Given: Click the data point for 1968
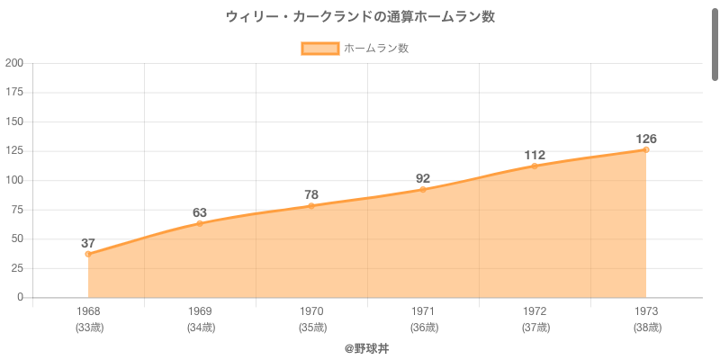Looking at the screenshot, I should pos(88,254).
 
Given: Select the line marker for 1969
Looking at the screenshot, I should pos(200,223).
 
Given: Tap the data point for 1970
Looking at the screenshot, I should pos(311,206).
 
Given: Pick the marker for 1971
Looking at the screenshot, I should pos(423,190).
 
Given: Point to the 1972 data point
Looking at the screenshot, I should pos(535,166).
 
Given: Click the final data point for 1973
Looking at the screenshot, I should pos(646,149).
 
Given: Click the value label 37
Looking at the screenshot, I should pos(88,243).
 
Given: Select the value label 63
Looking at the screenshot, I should pos(200,212).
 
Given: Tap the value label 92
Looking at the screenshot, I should pos(423,179).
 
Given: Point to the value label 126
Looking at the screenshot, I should pos(646,139).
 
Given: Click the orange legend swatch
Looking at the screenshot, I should pos(319,49).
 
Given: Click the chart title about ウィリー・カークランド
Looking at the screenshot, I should pos(360,17).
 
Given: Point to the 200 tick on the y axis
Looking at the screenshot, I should pos(14,63).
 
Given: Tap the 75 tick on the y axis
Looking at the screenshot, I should pos(17,210).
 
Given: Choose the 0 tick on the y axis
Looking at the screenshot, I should pos(21,297).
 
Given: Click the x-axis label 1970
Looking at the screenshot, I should pos(311,312).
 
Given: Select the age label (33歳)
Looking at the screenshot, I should pos(88,328).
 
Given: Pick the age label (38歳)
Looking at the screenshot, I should pos(646,328).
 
